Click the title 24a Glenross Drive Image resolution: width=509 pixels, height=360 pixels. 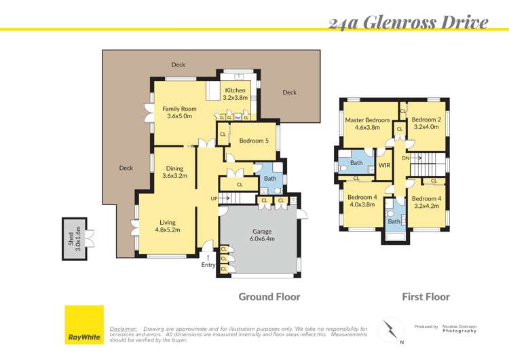pyautogui.click(x=408, y=22)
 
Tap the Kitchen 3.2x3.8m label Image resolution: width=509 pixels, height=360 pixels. pyautogui.click(x=235, y=94)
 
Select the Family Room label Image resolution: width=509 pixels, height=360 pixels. pyautogui.click(x=179, y=113)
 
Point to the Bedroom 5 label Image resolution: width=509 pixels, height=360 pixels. pyautogui.click(x=254, y=141)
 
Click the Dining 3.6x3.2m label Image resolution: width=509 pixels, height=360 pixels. pyautogui.click(x=174, y=173)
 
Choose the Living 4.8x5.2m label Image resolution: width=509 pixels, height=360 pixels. pyautogui.click(x=168, y=226)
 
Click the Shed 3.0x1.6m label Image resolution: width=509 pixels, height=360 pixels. pyautogui.click(x=72, y=238)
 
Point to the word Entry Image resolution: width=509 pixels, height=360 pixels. pyautogui.click(x=208, y=265)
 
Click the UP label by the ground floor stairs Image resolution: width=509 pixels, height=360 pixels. pyautogui.click(x=214, y=198)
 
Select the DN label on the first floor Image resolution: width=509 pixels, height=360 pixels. pyautogui.click(x=405, y=158)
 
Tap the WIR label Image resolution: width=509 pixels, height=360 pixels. pyautogui.click(x=384, y=165)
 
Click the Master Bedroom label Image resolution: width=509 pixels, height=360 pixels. pyautogui.click(x=367, y=124)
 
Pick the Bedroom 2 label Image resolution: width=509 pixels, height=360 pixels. pyautogui.click(x=426, y=124)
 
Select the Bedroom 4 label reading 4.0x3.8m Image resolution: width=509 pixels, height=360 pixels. pyautogui.click(x=362, y=200)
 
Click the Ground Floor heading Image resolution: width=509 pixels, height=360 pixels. pyautogui.click(x=269, y=297)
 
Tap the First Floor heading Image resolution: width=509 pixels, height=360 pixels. pyautogui.click(x=426, y=297)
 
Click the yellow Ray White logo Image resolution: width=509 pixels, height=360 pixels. pyautogui.click(x=83, y=325)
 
